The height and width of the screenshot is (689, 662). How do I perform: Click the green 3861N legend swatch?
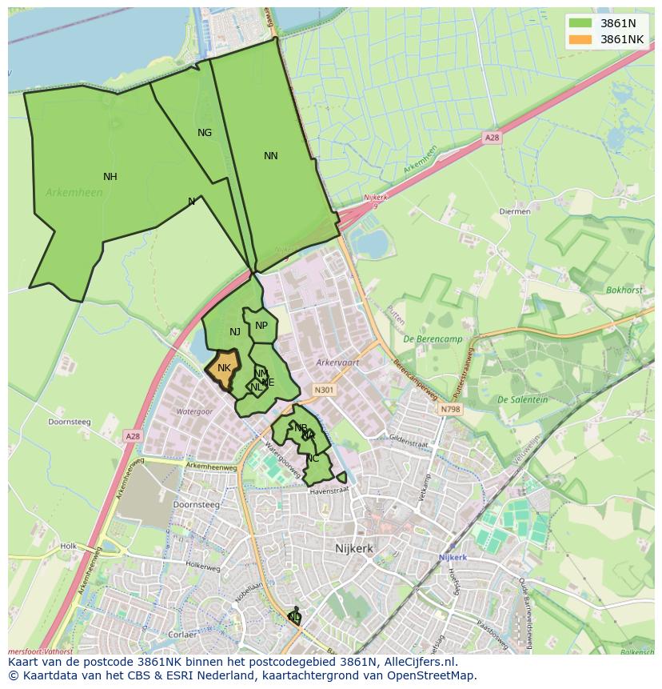(x=581, y=23)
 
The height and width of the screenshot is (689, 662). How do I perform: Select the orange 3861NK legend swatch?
(x=581, y=39)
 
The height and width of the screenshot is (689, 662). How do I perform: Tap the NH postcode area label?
(x=110, y=177)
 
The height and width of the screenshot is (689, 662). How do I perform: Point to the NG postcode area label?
(x=205, y=133)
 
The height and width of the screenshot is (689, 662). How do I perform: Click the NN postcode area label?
(x=271, y=156)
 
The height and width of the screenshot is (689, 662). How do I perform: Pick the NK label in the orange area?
(x=224, y=368)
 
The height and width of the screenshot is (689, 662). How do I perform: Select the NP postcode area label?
(x=261, y=325)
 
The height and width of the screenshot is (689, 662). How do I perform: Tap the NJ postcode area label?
(x=235, y=332)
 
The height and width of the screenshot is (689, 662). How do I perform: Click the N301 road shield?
(x=324, y=391)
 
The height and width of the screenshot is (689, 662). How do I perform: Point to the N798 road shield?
(x=450, y=409)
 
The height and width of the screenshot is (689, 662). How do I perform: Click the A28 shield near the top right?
(x=492, y=138)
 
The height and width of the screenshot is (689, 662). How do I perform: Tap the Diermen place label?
(x=514, y=212)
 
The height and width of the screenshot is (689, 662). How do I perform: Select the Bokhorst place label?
(x=624, y=290)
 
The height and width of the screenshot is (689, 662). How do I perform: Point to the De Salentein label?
(x=522, y=399)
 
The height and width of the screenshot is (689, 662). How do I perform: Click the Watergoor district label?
(x=194, y=411)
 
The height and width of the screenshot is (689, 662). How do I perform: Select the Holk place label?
(x=68, y=547)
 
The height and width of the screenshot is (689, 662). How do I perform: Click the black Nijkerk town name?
(x=354, y=549)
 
